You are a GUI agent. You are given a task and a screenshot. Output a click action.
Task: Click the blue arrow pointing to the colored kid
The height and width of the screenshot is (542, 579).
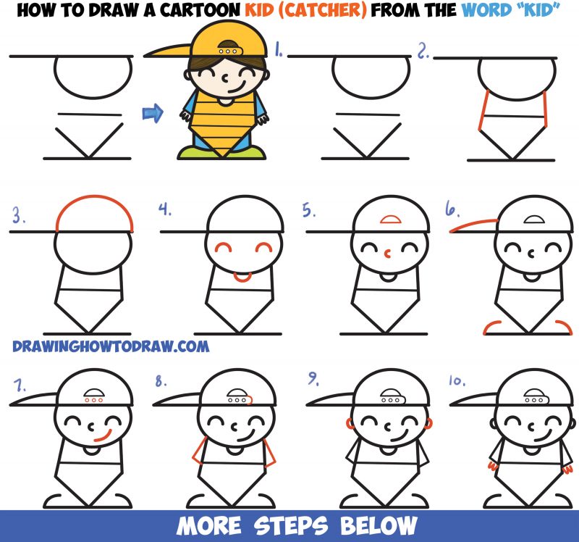pyautogui.click(x=153, y=112)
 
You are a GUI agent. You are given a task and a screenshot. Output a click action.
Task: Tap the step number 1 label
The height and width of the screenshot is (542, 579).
pyautogui.click(x=278, y=51)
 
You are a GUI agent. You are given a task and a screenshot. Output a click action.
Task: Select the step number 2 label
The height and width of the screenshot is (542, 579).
pyautogui.click(x=422, y=51)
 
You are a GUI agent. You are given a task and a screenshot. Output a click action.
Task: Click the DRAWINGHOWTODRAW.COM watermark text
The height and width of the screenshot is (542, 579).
pyautogui.click(x=110, y=346)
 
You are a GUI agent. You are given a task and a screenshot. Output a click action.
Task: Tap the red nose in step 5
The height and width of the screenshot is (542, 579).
pyautogui.click(x=387, y=254)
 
